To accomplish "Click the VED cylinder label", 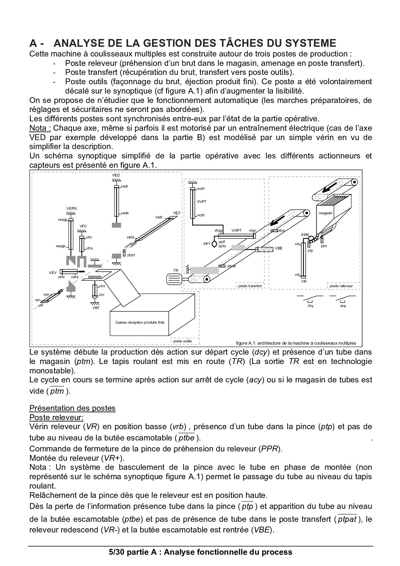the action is point(116,175).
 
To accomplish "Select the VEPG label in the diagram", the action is point(72,208).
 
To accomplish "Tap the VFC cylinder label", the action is point(83,226).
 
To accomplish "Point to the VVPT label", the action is point(202,202).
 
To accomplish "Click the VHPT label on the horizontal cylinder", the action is point(236,230).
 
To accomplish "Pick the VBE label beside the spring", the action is point(279,248).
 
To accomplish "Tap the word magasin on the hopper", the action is point(325,213).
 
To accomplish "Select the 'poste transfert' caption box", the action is point(250,286).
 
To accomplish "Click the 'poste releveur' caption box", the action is point(341,286).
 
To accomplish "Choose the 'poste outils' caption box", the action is point(183,341).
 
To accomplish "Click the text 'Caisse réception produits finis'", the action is point(140,322).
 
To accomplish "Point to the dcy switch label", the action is point(311,306).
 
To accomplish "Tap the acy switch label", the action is point(343,306).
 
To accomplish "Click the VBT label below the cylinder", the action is point(96,308).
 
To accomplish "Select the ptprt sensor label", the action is point(131,255).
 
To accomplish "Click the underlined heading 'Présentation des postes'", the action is point(72,408).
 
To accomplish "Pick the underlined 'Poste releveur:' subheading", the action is point(56,417).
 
